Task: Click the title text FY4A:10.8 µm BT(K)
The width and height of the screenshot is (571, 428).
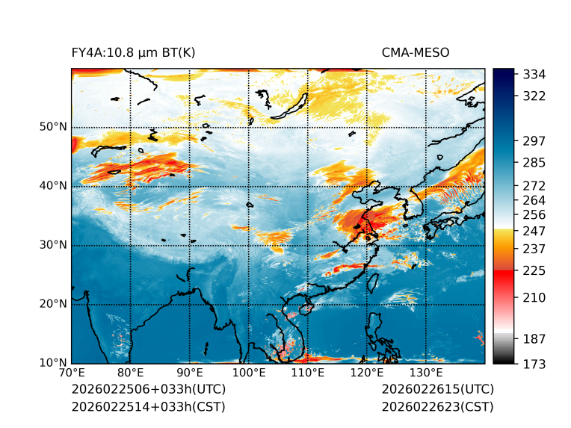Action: point(133,52)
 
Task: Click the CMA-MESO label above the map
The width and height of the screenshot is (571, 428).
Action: point(415,52)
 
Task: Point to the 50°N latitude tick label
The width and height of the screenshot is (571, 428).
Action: point(53,127)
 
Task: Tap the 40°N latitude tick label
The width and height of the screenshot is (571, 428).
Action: point(53,186)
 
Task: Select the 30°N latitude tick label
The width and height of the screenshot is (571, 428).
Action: point(53,245)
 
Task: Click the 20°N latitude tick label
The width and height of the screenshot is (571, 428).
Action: point(53,304)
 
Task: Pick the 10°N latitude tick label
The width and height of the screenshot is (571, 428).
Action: point(53,363)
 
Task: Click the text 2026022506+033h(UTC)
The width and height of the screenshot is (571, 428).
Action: point(148,390)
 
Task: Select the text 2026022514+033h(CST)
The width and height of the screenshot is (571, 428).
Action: point(148,407)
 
